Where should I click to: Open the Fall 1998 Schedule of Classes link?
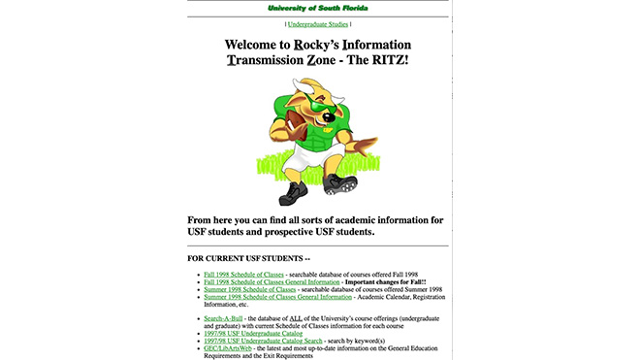tap(250, 276)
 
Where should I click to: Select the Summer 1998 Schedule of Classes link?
tap(250, 289)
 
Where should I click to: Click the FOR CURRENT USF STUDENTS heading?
tap(248, 258)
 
